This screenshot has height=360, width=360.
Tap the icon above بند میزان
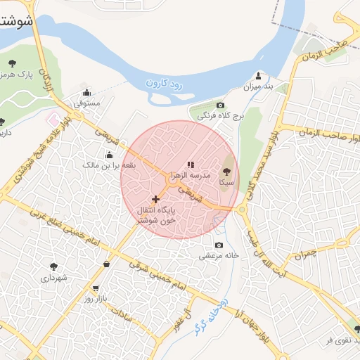tap(259, 76)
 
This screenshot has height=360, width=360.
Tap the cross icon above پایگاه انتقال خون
tap(155, 199)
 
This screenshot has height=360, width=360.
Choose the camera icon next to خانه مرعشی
tap(219, 245)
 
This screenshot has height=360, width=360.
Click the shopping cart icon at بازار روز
tap(96, 288)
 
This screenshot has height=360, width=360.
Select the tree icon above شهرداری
tap(54, 266)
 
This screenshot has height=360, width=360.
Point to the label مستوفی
tap(88, 103)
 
